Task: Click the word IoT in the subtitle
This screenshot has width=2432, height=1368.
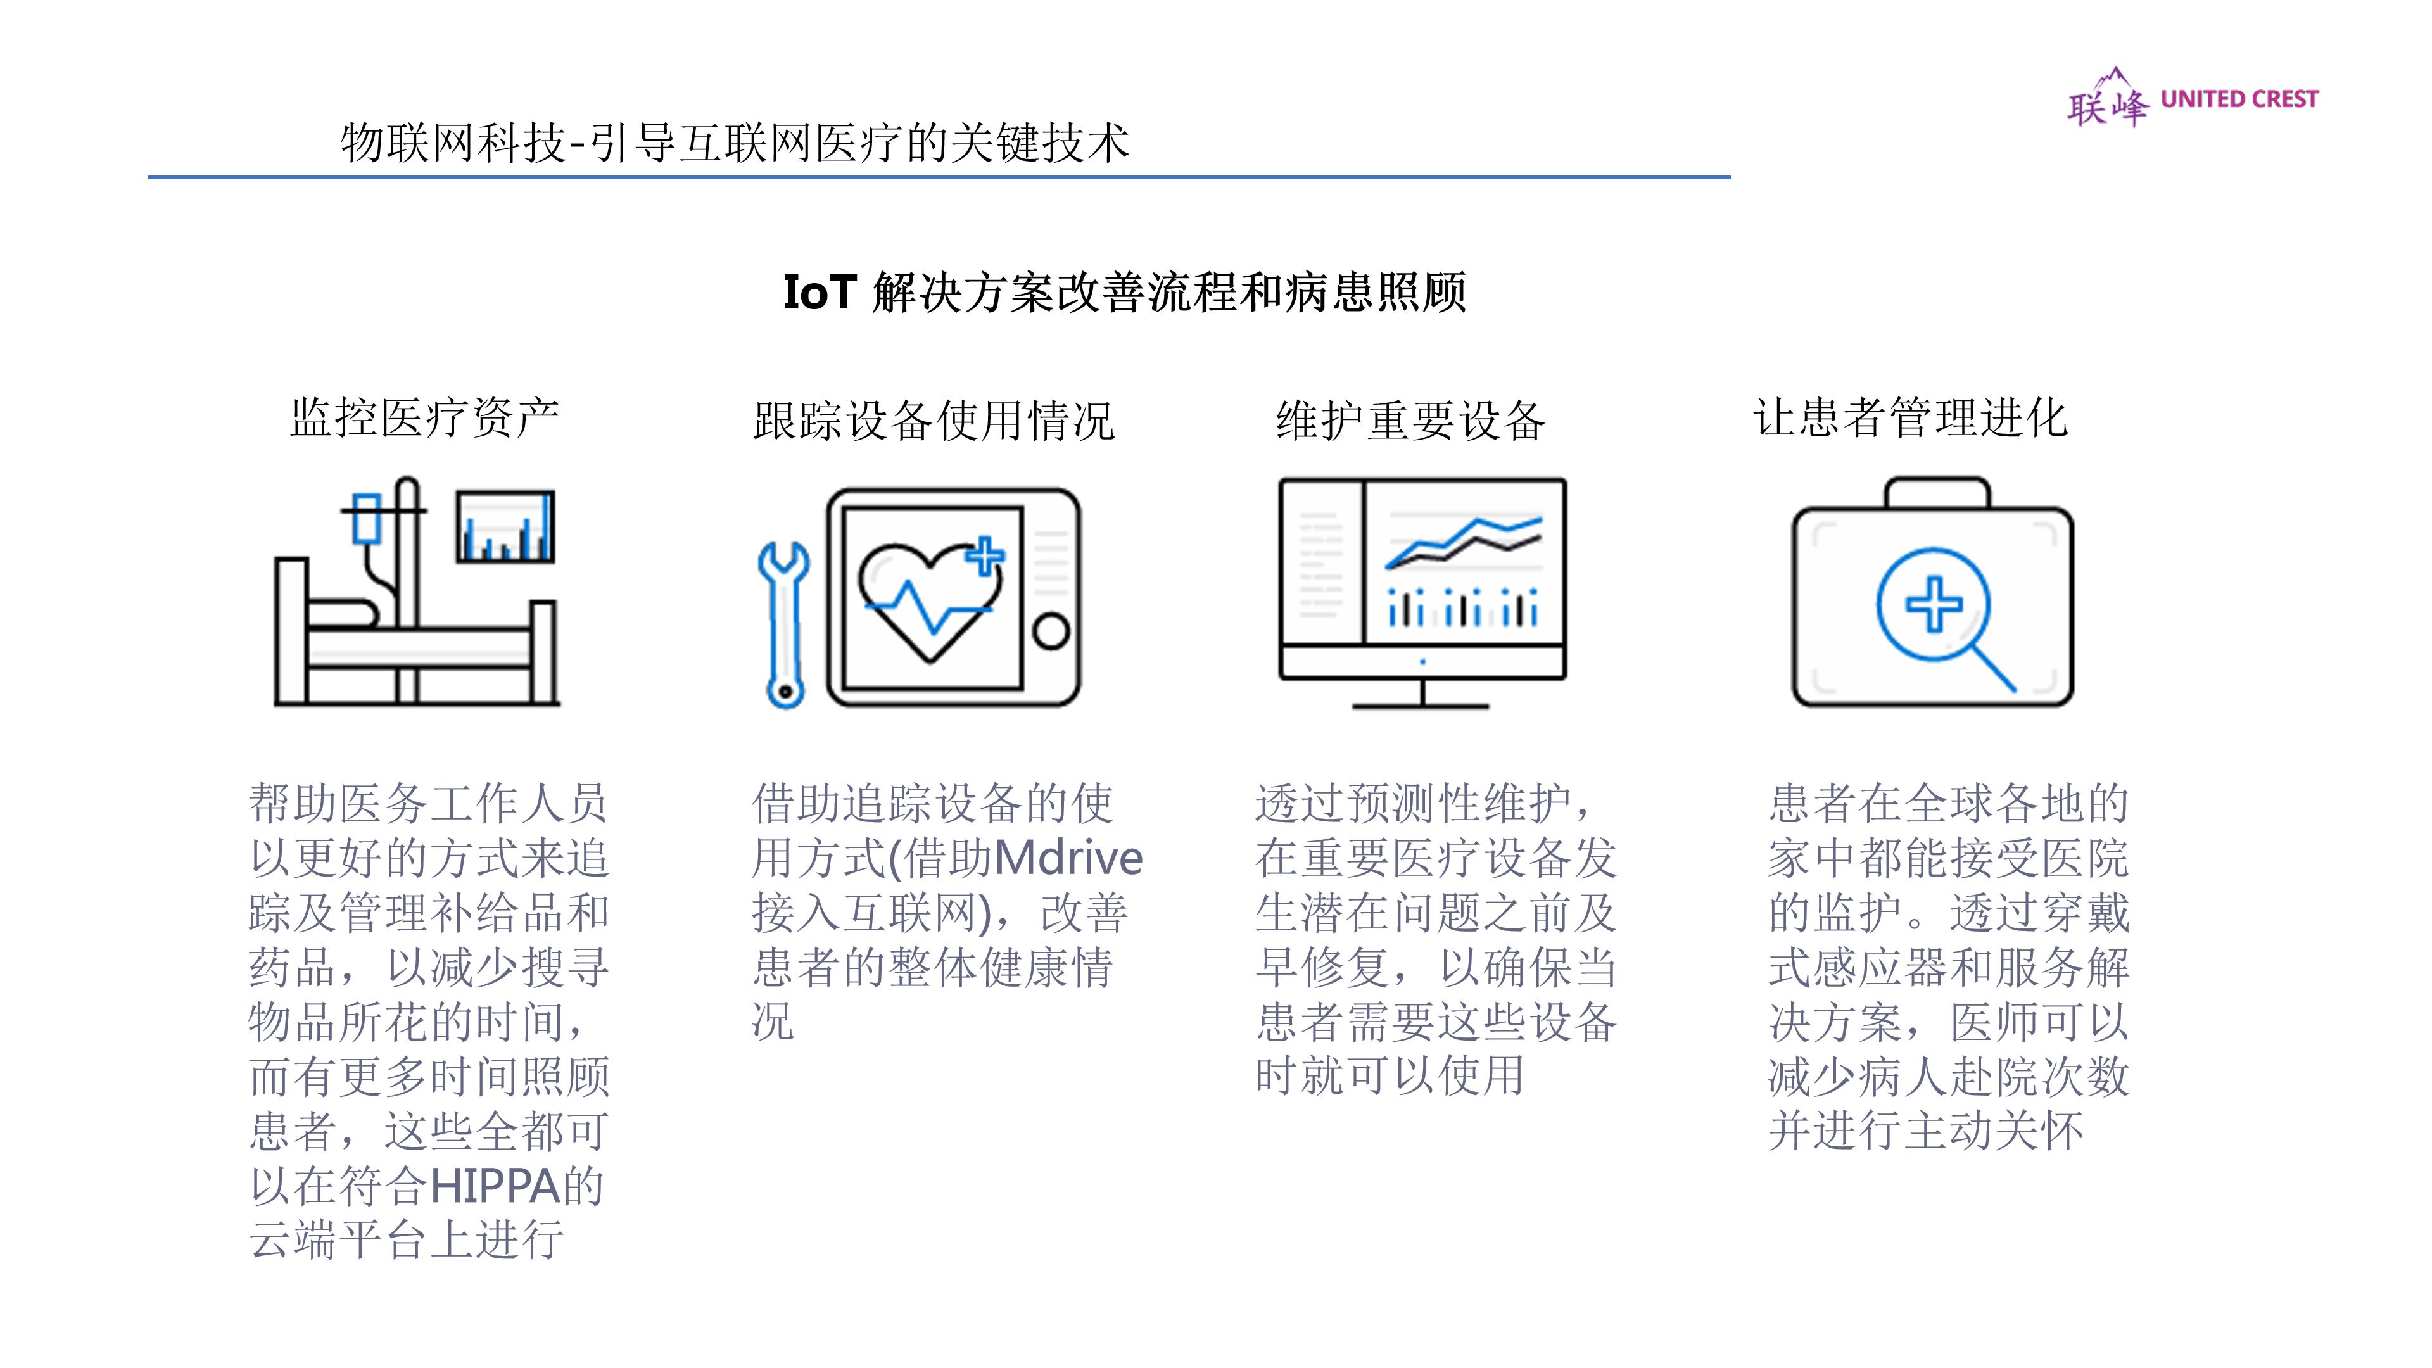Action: coord(820,292)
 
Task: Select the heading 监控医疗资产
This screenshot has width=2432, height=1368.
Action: coord(425,417)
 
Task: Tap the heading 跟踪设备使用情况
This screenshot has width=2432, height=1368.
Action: coord(934,421)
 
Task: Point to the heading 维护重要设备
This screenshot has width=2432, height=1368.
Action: coord(1410,421)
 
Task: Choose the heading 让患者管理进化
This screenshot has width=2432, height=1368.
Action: coord(1911,417)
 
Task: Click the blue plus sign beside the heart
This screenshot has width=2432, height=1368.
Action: coord(985,555)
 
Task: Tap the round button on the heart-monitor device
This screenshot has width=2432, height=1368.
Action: coord(1051,631)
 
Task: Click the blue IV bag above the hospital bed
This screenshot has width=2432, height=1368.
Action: coord(366,518)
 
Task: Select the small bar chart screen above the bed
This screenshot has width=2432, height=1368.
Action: coord(505,527)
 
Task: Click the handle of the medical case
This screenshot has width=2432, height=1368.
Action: coord(1937,493)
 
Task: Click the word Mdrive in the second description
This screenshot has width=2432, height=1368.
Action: coord(1068,858)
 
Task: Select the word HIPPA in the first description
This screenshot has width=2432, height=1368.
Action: coord(496,1186)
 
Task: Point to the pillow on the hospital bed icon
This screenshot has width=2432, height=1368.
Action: coord(344,614)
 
